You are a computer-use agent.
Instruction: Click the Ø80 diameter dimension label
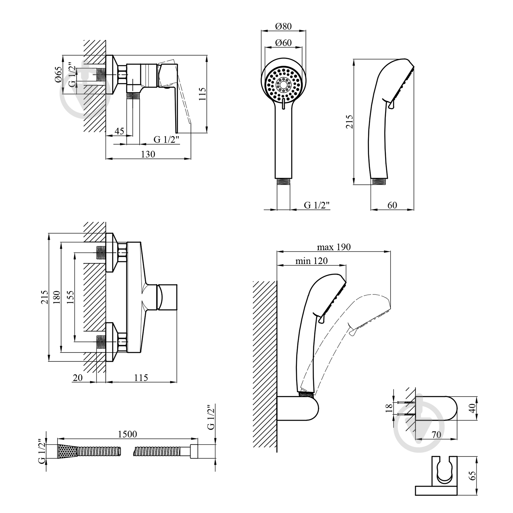tap(283, 26)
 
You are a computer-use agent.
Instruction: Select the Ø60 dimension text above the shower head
tap(283, 43)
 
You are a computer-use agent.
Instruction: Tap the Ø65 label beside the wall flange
tap(58, 74)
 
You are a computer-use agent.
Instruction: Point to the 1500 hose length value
tap(127, 434)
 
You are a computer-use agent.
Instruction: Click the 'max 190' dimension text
tap(333, 247)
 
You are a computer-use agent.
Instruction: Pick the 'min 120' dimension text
tap(311, 261)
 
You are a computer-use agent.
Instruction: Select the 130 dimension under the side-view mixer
tap(148, 154)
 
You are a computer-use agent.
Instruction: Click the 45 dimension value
tap(119, 131)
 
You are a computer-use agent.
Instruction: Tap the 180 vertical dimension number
tap(56, 297)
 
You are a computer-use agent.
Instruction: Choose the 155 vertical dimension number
tap(70, 297)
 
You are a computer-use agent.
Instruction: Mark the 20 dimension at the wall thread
tap(78, 378)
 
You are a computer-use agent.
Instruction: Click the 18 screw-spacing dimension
tap(389, 408)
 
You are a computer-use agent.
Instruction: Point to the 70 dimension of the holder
tap(436, 435)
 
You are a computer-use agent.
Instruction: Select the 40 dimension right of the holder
tap(473, 408)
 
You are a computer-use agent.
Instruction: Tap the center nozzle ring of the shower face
tap(284, 84)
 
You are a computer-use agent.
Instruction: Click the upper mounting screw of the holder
tap(405, 403)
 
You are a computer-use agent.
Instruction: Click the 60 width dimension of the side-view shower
tap(392, 205)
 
